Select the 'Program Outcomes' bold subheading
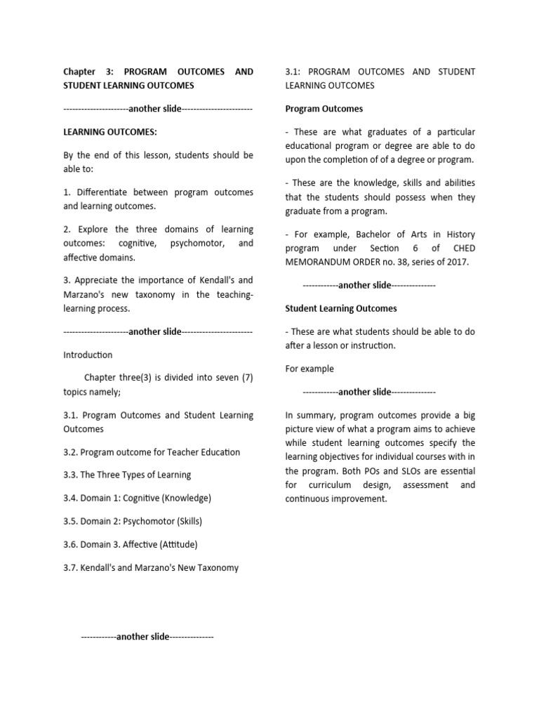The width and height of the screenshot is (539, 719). point(324,109)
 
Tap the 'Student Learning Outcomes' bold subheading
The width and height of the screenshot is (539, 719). point(341,308)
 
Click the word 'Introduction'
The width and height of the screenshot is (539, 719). point(88,355)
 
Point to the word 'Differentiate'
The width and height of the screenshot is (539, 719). point(103,192)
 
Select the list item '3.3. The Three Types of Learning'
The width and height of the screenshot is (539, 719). point(127,475)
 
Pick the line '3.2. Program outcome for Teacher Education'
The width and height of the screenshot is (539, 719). point(152,452)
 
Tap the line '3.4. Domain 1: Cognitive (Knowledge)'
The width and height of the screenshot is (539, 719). point(137,498)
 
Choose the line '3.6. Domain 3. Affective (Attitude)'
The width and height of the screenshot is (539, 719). point(131,544)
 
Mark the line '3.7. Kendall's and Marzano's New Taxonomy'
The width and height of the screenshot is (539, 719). point(151,567)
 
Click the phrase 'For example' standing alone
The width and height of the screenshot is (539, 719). point(310,369)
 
